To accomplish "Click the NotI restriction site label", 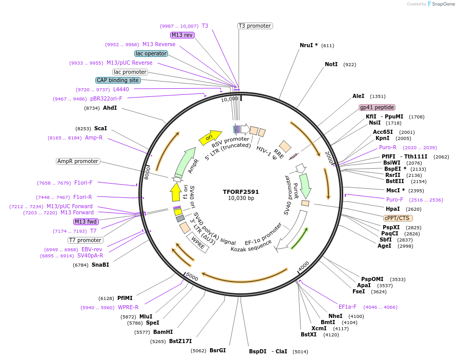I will pyautogui.click(x=331, y=65).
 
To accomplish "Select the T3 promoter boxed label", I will pyautogui.click(x=255, y=26).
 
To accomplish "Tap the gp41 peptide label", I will pyautogui.click(x=377, y=107).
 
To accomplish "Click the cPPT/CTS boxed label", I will pyautogui.click(x=398, y=218).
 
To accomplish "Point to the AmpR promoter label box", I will pyautogui.click(x=78, y=161).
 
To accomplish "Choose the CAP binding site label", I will pyautogui.click(x=117, y=80).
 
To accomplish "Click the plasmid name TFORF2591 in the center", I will pyautogui.click(x=241, y=192).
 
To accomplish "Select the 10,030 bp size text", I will pyautogui.click(x=241, y=198).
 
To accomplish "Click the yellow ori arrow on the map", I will pyautogui.click(x=207, y=137).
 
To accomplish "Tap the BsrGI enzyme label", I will pyautogui.click(x=217, y=351).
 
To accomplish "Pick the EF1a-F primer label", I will pyautogui.click(x=347, y=307).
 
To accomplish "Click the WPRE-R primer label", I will pyautogui.click(x=128, y=308).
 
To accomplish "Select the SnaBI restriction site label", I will pyautogui.click(x=100, y=265).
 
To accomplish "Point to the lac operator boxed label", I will pyautogui.click(x=151, y=53).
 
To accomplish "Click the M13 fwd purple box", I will pyautogui.click(x=86, y=222).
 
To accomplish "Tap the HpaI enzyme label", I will pyautogui.click(x=392, y=209).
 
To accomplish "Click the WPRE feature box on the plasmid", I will pyautogui.click(x=198, y=243).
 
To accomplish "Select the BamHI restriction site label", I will pyautogui.click(x=163, y=332).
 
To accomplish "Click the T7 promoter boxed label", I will pyautogui.click(x=86, y=240).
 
